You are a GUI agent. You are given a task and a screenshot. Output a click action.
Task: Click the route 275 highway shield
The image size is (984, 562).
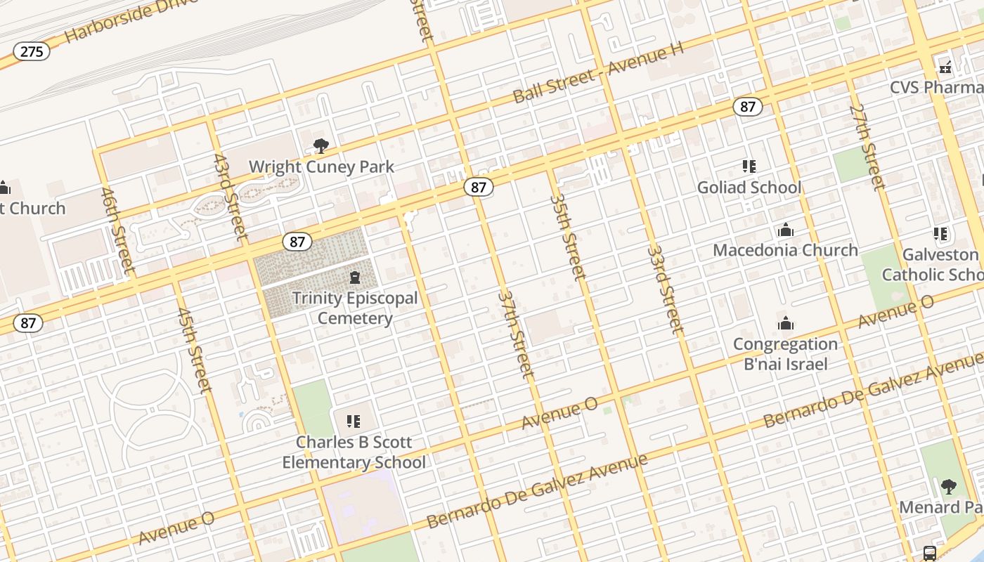(32, 51)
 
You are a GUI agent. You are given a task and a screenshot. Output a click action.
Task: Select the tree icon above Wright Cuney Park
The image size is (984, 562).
(321, 146)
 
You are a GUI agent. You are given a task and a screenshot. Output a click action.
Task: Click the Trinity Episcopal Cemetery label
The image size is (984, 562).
(355, 308)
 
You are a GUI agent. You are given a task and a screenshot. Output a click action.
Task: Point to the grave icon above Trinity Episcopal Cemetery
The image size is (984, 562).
(355, 277)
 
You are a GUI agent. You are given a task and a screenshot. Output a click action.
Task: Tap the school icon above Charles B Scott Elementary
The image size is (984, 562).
(354, 421)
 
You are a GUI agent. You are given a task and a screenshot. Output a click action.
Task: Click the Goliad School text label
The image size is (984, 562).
(749, 188)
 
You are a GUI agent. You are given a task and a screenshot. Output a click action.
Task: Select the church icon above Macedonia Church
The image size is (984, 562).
(786, 230)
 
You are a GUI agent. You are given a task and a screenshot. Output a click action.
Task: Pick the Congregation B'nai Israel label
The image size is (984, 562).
(785, 354)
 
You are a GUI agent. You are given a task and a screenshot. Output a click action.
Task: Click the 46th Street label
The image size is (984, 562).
(117, 230)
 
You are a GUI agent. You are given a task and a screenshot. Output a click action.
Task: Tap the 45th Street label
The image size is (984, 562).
(194, 350)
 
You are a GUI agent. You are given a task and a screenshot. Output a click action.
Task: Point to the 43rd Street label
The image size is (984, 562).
(231, 197)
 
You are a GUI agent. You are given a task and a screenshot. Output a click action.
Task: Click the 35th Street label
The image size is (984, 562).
(568, 237)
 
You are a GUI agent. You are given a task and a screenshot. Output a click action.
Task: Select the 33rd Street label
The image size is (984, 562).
(665, 289)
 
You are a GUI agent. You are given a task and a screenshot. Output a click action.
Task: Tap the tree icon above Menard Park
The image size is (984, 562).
(949, 486)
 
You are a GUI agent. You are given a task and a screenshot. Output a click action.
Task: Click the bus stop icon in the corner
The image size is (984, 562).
(929, 553)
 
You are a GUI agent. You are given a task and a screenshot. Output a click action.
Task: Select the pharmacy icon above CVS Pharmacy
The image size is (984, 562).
(945, 67)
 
